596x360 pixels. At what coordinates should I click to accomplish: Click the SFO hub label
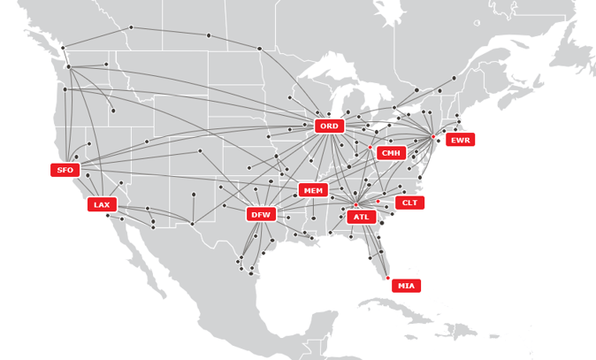coord(65,170)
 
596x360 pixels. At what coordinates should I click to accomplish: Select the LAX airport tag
coord(102,204)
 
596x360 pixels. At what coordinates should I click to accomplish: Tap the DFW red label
coord(260,214)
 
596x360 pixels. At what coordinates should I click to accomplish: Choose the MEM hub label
coord(313,190)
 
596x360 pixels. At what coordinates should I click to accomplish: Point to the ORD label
coord(329,126)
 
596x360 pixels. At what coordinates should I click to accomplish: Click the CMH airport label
coord(391,153)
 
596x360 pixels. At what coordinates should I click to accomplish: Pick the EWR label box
coord(460,140)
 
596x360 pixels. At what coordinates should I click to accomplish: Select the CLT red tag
coord(409,203)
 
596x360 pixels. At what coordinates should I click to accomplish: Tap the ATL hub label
coord(361,217)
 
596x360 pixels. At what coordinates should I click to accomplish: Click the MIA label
coord(406,286)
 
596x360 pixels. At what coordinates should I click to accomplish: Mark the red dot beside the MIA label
coord(387,278)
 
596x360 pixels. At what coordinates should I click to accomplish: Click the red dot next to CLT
coord(378,201)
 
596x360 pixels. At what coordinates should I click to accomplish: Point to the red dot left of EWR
coord(432,136)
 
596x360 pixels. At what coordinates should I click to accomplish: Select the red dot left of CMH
coord(371,148)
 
